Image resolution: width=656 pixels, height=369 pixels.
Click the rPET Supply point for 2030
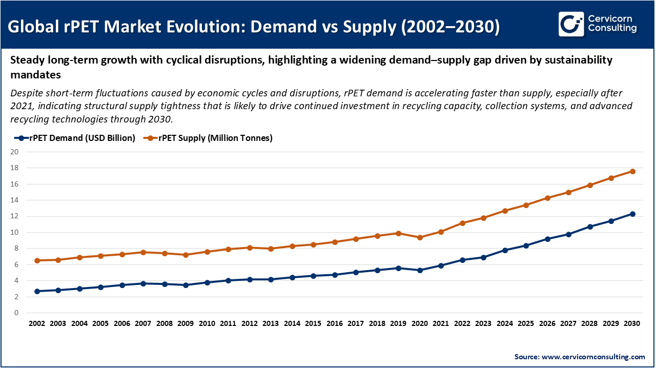coord(632,171)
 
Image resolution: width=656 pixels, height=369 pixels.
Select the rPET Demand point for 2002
coord(37,291)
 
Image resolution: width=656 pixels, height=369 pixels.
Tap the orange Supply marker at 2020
coord(420,237)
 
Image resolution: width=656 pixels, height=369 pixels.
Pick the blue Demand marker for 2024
coord(505,250)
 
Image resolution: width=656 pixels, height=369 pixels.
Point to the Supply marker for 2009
coord(186,255)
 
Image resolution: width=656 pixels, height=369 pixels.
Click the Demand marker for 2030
coord(632,214)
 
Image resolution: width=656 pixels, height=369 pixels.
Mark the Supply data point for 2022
coord(462,223)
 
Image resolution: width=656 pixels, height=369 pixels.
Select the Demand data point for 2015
coord(313,276)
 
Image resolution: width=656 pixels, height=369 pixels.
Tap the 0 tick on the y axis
coord(16,313)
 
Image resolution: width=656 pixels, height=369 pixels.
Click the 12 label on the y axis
coord(14,216)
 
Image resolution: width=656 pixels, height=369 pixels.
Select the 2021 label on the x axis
coord(441,324)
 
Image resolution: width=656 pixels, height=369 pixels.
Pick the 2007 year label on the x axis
coord(143,324)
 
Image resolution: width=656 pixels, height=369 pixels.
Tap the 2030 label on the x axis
coord(632,324)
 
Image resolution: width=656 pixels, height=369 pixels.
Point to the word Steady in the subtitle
coord(27,60)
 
